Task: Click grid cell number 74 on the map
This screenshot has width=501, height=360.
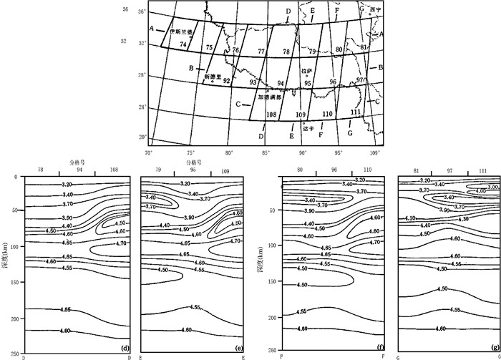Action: pyautogui.click(x=184, y=45)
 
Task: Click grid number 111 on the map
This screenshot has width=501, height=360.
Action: pyautogui.click(x=356, y=112)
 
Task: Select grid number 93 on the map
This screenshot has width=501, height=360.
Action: pyautogui.click(x=253, y=82)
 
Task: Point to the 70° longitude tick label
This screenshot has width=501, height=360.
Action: pyautogui.click(x=149, y=152)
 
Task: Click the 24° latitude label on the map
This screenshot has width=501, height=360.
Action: pyautogui.click(x=142, y=107)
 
